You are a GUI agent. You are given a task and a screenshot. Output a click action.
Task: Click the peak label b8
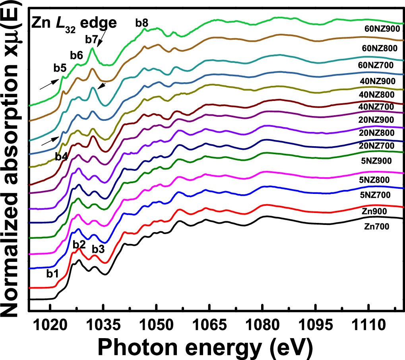[142, 23]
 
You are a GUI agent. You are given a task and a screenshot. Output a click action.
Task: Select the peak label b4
[61, 157]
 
